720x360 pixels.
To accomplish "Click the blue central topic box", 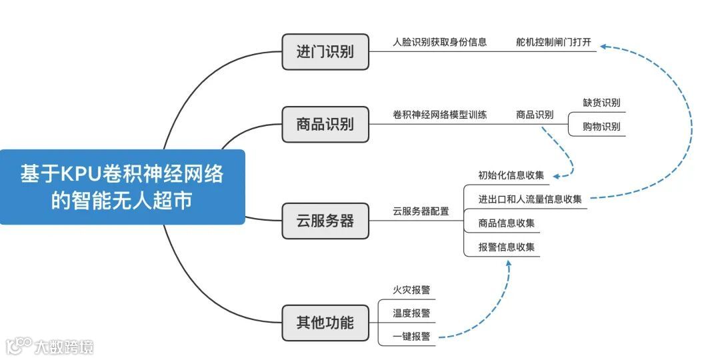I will (122, 187).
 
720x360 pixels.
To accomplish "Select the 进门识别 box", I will (325, 52).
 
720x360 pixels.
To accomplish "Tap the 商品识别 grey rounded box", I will (325, 124).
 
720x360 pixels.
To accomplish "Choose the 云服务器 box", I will (325, 221).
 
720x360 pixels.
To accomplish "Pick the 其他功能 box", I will (325, 324).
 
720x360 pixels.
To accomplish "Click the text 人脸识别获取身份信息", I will (439, 42).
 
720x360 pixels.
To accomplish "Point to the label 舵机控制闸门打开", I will (553, 42).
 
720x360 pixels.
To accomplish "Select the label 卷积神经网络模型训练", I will (439, 115).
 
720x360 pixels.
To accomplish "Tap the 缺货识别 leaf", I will (601, 103).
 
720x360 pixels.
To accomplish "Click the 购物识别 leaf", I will (601, 127).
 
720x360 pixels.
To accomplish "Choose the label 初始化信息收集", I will (511, 175).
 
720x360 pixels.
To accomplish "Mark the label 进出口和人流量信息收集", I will (529, 199).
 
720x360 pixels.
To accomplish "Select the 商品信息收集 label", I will (506, 223).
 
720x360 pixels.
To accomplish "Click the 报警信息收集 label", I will (506, 247).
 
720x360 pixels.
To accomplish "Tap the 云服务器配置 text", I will (421, 211).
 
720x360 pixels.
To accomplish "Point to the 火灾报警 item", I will (411, 290).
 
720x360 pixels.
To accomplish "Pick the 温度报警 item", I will (411, 313).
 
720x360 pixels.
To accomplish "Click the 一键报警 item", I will (411, 337).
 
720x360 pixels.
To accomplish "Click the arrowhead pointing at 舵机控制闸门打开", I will (603, 46).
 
